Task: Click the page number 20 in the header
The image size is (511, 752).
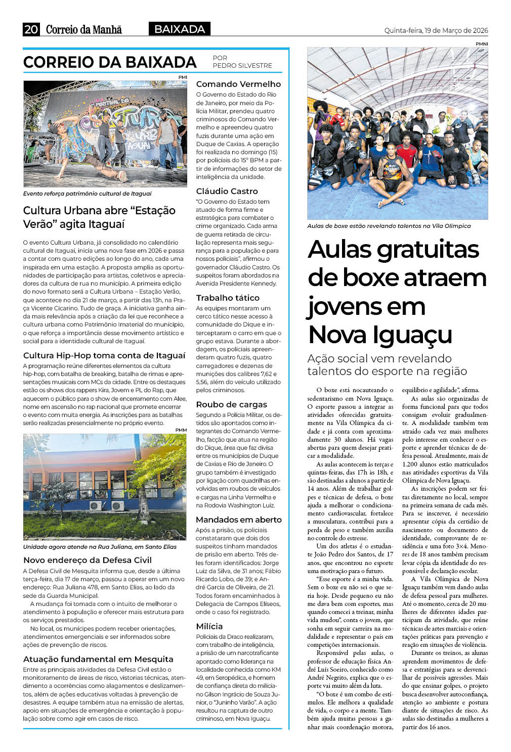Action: (31, 29)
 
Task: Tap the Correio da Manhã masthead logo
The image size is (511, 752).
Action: (84, 30)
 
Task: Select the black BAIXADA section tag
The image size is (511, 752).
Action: (180, 29)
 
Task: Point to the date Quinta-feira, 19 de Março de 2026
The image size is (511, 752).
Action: (436, 30)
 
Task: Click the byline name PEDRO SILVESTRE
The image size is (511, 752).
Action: (242, 66)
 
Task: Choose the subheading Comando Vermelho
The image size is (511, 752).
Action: (238, 84)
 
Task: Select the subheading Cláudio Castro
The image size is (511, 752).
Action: (227, 191)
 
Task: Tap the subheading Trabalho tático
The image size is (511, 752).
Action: (228, 298)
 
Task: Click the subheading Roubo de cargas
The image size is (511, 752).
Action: (231, 404)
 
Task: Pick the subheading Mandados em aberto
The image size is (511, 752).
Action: (239, 520)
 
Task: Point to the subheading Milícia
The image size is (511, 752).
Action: (209, 626)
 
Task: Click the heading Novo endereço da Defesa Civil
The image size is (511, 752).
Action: (88, 560)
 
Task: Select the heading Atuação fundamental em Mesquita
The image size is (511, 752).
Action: (98, 659)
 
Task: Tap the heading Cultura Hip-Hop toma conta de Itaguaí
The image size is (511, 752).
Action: (104, 355)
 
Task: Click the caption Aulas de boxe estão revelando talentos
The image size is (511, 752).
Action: (389, 226)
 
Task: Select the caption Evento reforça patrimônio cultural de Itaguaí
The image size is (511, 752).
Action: (87, 194)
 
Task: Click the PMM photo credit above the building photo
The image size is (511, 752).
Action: (181, 430)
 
